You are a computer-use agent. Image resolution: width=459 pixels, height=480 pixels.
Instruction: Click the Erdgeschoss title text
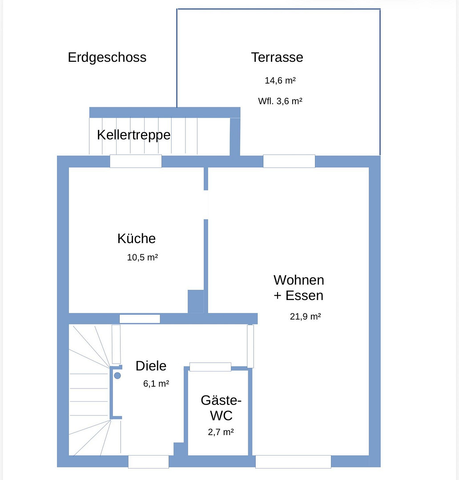[x=107, y=57]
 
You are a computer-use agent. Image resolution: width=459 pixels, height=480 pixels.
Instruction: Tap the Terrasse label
[x=277, y=57]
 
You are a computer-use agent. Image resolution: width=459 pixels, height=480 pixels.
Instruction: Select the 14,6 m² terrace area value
[x=280, y=80]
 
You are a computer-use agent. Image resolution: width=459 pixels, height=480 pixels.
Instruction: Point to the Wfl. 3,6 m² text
[x=280, y=101]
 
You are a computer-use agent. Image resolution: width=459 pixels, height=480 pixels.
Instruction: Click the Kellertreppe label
[x=133, y=135]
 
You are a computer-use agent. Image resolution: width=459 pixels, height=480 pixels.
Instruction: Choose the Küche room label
[x=137, y=239]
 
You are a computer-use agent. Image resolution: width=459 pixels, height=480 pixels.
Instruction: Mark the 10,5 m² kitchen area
[x=142, y=257]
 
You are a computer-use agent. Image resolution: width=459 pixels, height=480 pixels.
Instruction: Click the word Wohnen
[x=299, y=280]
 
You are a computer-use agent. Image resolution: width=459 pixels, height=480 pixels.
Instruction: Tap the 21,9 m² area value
[x=305, y=316]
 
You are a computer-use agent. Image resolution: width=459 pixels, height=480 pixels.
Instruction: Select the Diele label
[x=151, y=366]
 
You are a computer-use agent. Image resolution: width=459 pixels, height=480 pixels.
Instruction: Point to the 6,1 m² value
[x=156, y=384]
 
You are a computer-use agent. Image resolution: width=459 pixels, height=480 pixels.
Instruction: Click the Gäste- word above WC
[x=221, y=400]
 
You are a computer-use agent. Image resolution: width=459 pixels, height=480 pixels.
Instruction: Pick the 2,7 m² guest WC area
[x=221, y=432]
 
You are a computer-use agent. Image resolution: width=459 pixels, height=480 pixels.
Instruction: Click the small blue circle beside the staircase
[x=117, y=376]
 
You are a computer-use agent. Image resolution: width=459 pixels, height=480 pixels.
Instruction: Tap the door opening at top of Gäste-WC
[x=210, y=367]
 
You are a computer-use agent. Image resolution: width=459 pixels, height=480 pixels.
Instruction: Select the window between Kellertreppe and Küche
[x=136, y=161]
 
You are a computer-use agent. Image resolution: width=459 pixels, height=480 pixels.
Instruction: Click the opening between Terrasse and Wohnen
[x=289, y=161]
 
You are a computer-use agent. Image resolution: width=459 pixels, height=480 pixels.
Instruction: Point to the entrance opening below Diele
[x=148, y=462]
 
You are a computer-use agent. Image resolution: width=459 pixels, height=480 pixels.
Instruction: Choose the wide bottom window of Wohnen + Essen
[x=293, y=462]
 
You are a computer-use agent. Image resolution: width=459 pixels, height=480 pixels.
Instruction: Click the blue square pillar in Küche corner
[x=196, y=301]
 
